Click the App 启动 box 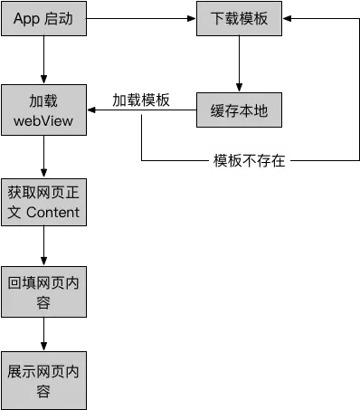click(43, 18)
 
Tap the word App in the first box click(27, 18)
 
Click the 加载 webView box click(43, 110)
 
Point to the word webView click(43, 121)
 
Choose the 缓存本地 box click(239, 111)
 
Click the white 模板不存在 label click(249, 162)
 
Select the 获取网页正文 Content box click(43, 202)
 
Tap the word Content click(53, 213)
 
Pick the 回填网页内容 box click(43, 291)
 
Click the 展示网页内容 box click(43, 381)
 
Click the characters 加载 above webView click(43, 100)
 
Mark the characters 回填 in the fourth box click(22, 281)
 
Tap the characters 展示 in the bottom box click(22, 371)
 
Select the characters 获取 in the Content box click(22, 192)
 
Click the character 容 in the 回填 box click(43, 302)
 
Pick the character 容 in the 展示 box click(43, 392)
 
